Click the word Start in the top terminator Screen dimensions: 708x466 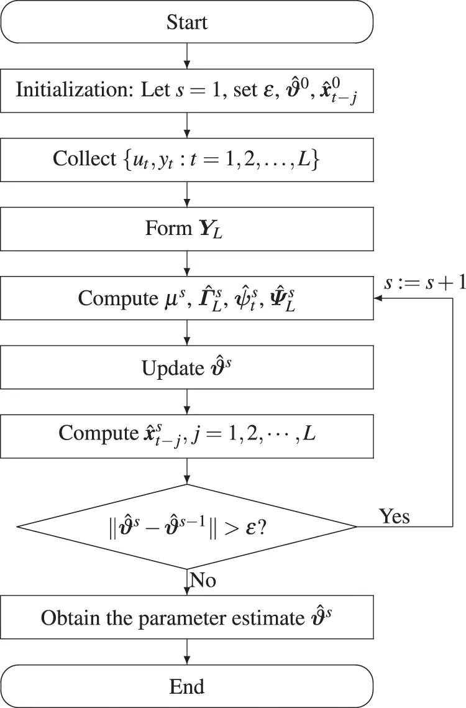click(x=186, y=23)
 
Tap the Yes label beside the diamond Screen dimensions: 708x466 click(x=395, y=515)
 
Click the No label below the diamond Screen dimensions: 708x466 click(x=203, y=581)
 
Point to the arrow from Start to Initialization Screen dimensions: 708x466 click(x=186, y=57)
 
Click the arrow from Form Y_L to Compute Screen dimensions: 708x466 click(x=186, y=264)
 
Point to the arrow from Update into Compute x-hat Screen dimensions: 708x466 click(x=186, y=402)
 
